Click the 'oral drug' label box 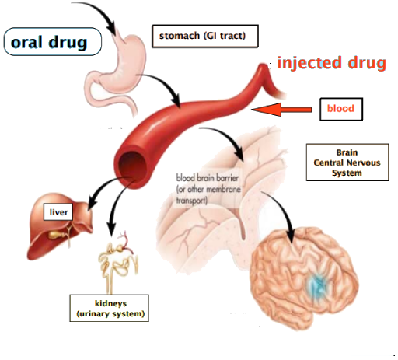pyautogui.click(x=53, y=42)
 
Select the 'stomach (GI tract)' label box pyautogui.click(x=205, y=36)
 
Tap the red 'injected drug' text pyautogui.click(x=332, y=64)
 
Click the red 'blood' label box pyautogui.click(x=341, y=109)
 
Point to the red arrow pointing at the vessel pyautogui.click(x=281, y=110)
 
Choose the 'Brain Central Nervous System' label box pyautogui.click(x=347, y=163)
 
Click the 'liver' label pyautogui.click(x=58, y=212)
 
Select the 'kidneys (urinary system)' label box pyautogui.click(x=109, y=308)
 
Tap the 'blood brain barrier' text pyautogui.click(x=208, y=178)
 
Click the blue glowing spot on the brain pyautogui.click(x=316, y=285)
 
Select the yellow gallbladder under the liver pyautogui.click(x=55, y=235)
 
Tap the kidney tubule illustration pyautogui.click(x=118, y=262)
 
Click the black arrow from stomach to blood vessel pyautogui.click(x=166, y=83)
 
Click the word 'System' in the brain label pyautogui.click(x=347, y=173)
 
